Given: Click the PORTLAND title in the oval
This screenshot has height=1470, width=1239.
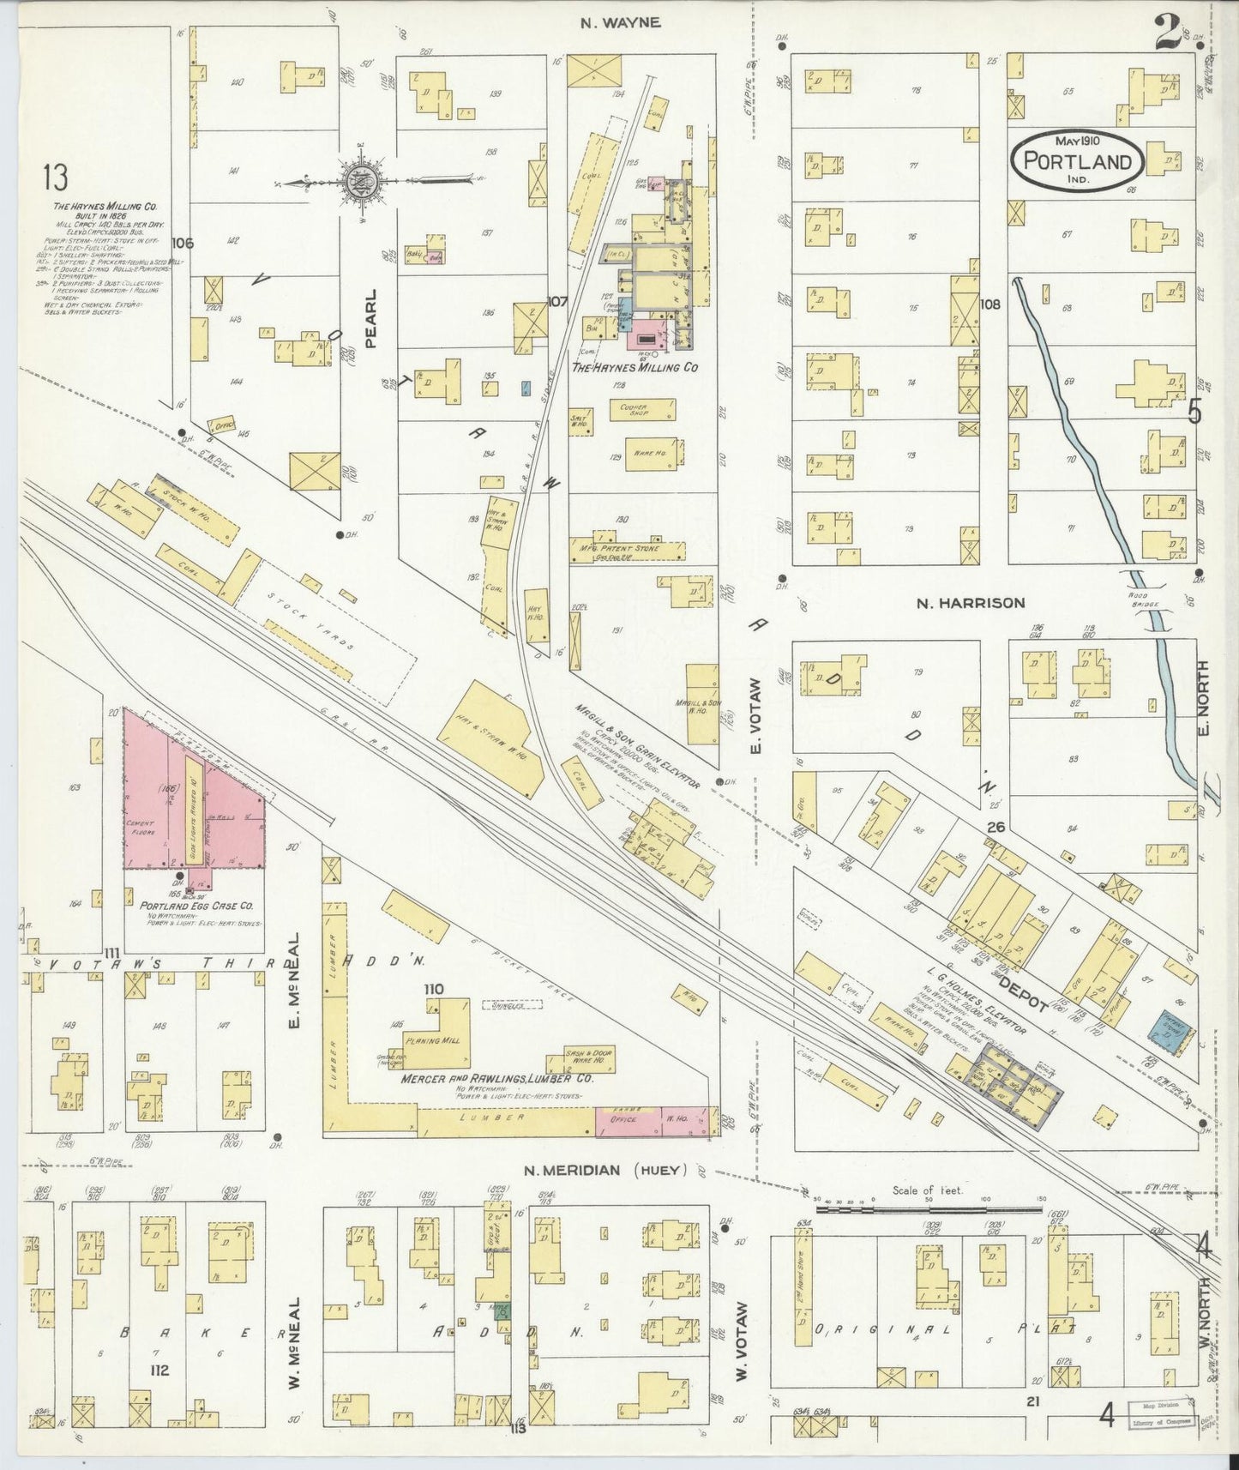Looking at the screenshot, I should point(1082,162).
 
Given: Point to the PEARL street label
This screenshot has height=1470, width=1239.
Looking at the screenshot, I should point(371,317).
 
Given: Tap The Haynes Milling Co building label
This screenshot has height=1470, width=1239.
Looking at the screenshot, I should point(635,367).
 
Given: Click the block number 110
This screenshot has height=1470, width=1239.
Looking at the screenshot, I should point(433,989).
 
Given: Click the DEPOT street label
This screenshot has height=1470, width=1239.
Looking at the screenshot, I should point(1018,987).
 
